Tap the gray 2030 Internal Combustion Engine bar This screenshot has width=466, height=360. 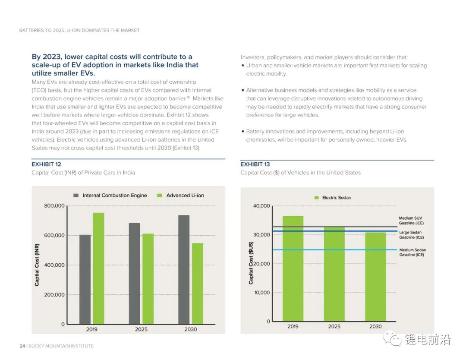click(184, 269)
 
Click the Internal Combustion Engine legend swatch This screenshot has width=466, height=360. click(76, 196)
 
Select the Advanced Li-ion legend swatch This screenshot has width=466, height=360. click(159, 196)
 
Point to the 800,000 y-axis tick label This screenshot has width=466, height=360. click(54, 206)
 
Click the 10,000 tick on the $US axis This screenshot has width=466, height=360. click(262, 293)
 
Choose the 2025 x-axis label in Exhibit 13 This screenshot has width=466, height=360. click(334, 327)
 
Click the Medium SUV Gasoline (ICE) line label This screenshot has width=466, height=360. click(411, 221)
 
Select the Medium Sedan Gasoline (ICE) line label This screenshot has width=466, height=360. click(412, 253)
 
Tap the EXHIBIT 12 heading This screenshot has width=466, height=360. click(46, 164)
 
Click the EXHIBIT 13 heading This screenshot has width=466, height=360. click(255, 164)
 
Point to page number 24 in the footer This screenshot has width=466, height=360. click(22, 346)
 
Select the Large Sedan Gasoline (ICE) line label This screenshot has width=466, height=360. click(411, 235)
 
